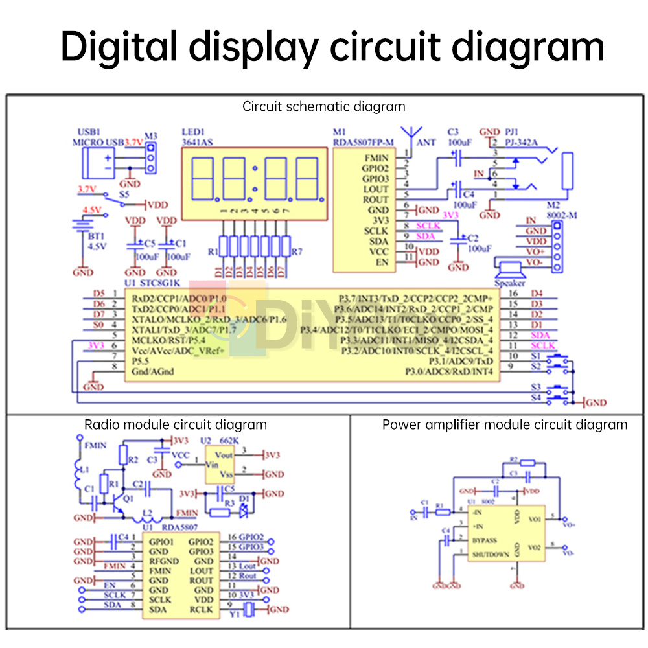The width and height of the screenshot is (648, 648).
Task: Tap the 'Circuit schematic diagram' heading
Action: pyautogui.click(x=323, y=106)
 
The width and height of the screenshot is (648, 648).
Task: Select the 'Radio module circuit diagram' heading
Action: pyautogui.click(x=175, y=424)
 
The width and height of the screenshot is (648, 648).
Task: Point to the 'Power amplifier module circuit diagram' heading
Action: pyautogui.click(x=504, y=424)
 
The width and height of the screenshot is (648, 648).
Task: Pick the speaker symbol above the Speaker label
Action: pyautogui.click(x=510, y=266)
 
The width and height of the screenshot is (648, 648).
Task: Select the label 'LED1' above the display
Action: pyautogui.click(x=192, y=132)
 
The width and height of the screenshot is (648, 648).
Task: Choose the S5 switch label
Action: pyautogui.click(x=124, y=193)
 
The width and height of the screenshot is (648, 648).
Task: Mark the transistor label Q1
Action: pyautogui.click(x=128, y=499)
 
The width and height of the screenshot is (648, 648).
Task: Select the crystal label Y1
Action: pyautogui.click(x=234, y=619)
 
